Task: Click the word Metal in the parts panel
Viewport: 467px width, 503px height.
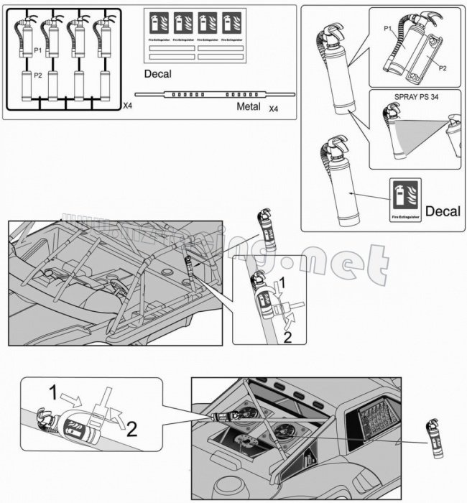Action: click(x=249, y=107)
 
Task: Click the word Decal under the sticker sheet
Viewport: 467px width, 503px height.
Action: click(x=158, y=74)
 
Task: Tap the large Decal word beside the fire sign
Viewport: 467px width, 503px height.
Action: click(x=443, y=211)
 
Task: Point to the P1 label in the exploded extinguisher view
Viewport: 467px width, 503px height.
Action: click(x=387, y=28)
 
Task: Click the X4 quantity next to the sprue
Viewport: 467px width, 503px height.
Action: click(x=127, y=106)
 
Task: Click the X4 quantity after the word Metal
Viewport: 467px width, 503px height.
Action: click(x=274, y=109)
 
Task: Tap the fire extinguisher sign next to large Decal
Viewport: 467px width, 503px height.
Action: click(x=404, y=201)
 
